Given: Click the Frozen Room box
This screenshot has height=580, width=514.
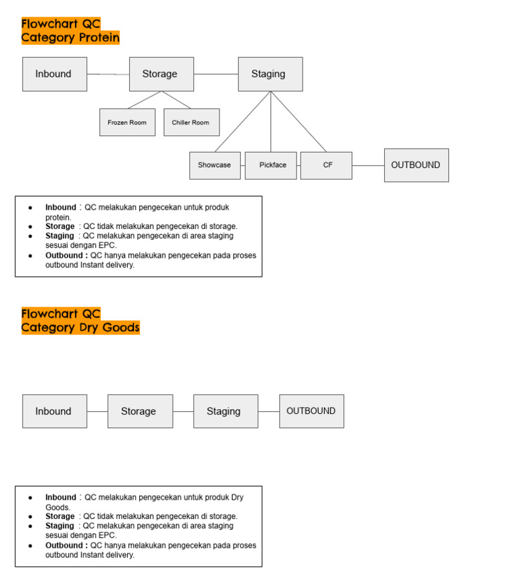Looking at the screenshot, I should [127, 123].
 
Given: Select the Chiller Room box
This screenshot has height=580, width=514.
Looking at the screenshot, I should [191, 123].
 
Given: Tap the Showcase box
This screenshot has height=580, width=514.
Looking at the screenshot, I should [215, 165].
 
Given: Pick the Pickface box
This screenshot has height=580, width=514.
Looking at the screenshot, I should [272, 165].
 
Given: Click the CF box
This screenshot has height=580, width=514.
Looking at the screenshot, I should [326, 165].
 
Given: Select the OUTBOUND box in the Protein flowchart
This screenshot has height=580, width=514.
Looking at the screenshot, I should [416, 165].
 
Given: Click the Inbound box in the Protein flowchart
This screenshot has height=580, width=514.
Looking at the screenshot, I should [54, 74].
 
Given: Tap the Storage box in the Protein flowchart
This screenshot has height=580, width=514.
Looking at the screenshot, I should [161, 74].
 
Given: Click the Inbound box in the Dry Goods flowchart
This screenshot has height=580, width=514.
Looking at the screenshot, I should [54, 411].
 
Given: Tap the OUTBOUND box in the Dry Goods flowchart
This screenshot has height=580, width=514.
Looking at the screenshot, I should [311, 411].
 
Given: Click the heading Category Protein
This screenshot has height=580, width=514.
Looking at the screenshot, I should [70, 38].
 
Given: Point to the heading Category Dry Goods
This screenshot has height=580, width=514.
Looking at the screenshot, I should [80, 328].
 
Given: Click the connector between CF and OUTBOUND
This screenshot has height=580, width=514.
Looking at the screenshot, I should [367, 165].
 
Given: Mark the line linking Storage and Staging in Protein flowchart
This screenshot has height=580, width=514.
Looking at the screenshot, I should [216, 74].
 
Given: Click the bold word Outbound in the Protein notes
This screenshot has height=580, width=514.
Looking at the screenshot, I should [65, 255].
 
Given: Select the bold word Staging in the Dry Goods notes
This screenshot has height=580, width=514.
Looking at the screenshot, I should [60, 526].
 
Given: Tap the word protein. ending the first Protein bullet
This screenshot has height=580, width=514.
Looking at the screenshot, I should [58, 217].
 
